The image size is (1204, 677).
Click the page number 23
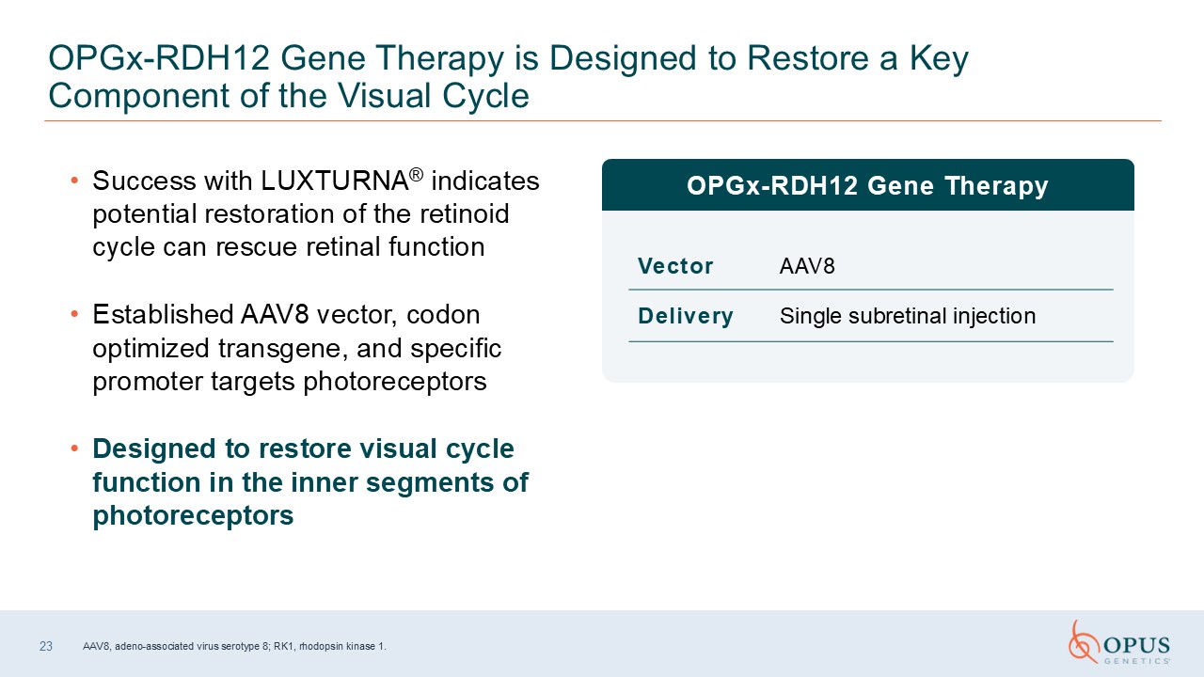[x=46, y=646]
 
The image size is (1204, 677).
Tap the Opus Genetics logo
[x=1119, y=642]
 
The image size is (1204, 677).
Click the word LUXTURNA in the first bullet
[x=334, y=181]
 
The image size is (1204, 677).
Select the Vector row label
[x=675, y=266]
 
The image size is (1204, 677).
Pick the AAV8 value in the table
[x=807, y=266]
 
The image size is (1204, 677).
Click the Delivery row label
[x=686, y=316]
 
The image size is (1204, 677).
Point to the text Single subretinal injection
[x=908, y=316]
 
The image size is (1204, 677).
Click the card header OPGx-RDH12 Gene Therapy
[x=867, y=185]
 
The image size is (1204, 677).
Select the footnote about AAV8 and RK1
[x=234, y=646]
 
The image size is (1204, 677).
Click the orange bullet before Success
[x=74, y=181]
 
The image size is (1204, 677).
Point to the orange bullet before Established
[x=74, y=314]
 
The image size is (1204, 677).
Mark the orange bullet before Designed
[x=74, y=449]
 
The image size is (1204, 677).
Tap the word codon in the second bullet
[x=443, y=315]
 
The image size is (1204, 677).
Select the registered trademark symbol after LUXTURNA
[x=416, y=175]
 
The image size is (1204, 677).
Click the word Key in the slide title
[x=939, y=59]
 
